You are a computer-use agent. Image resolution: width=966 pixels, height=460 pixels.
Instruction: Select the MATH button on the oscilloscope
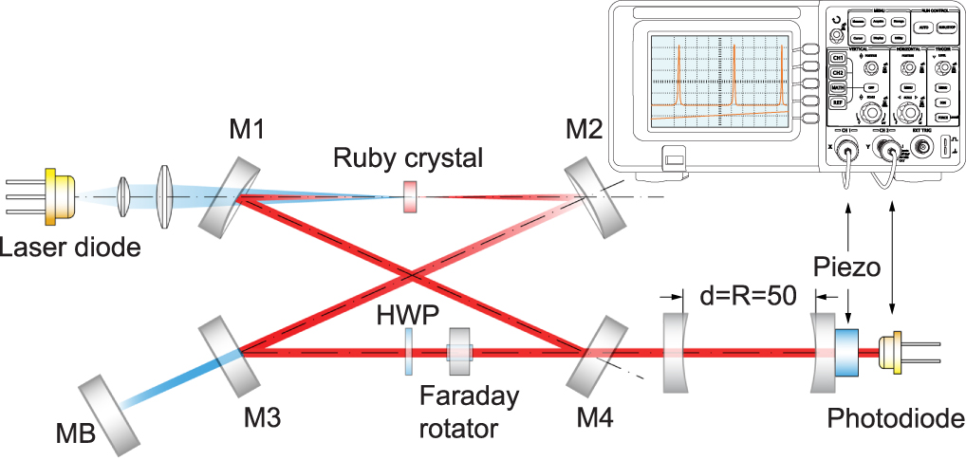(x=838, y=87)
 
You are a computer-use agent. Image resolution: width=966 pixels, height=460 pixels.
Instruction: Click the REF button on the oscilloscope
(x=838, y=102)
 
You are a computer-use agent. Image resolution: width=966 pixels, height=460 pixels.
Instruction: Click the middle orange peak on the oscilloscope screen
(x=733, y=80)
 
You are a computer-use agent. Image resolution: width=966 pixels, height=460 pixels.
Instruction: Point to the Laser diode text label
(x=70, y=249)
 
